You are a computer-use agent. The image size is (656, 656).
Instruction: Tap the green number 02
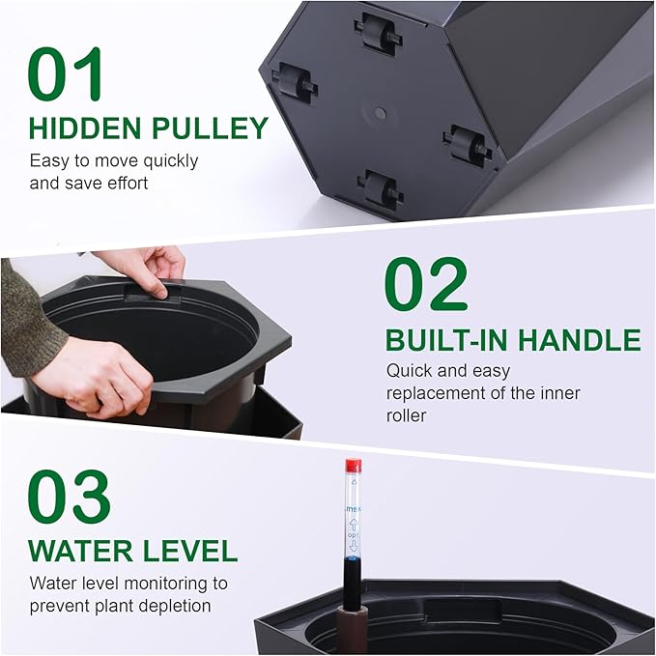tap(425, 285)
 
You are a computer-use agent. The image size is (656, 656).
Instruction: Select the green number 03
tap(70, 497)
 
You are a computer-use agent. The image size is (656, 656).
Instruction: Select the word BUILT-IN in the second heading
tap(447, 340)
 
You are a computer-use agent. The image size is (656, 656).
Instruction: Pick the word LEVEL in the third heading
tap(189, 551)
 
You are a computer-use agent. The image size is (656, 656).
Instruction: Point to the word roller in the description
tap(408, 416)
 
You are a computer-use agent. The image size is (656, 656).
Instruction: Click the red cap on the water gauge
tap(354, 467)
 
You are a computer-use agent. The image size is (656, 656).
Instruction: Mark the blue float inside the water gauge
tap(354, 558)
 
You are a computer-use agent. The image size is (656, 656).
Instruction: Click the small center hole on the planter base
tap(380, 114)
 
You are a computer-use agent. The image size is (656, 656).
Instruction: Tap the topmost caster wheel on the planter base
tap(378, 31)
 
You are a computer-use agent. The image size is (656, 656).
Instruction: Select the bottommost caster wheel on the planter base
tap(381, 189)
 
